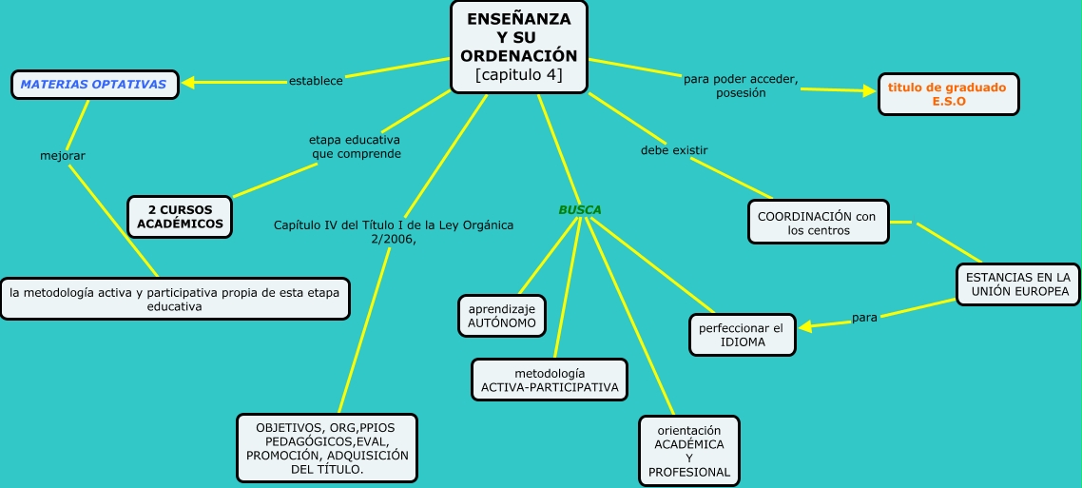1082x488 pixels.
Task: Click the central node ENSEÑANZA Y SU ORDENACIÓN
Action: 518,47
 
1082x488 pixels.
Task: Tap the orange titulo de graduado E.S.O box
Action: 947,94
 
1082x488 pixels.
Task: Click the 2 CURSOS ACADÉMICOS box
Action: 180,216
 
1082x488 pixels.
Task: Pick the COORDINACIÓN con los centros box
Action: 817,223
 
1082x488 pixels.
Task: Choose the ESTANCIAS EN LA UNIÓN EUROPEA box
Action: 1016,283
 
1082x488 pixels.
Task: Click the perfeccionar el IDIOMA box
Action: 741,334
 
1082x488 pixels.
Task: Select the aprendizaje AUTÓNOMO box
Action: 501,316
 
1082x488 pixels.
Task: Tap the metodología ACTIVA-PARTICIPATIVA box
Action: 549,380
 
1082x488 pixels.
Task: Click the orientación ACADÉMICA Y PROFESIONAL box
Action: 688,450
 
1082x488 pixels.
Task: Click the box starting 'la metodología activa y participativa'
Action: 174,300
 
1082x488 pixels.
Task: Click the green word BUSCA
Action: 579,209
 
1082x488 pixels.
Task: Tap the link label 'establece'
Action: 315,81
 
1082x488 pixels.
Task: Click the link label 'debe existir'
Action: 673,150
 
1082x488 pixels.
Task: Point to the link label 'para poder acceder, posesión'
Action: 741,86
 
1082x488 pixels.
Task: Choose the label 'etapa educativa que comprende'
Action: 355,146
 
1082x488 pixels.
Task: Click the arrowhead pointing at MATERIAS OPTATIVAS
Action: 188,83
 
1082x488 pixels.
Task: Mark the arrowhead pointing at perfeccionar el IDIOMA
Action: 806,327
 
